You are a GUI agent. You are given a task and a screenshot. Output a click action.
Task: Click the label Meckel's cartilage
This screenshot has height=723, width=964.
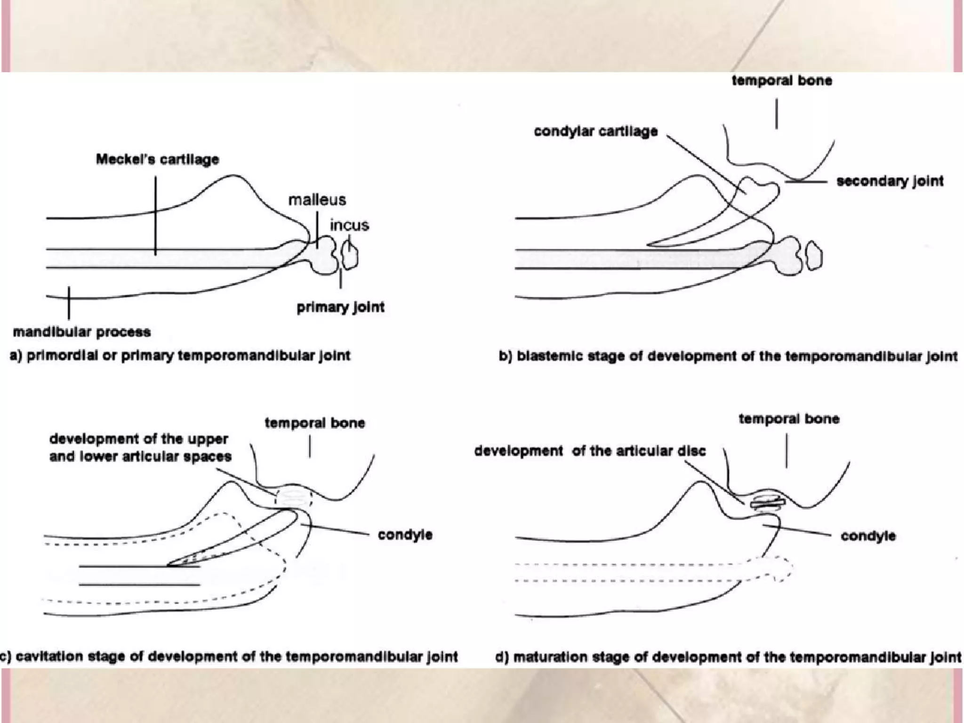tap(157, 160)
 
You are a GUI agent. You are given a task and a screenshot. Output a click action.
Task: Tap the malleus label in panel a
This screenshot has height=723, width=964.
tap(317, 200)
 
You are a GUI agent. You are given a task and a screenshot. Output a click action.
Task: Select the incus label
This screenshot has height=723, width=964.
tap(349, 225)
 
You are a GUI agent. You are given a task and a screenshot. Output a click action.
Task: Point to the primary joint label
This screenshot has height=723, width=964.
tap(340, 307)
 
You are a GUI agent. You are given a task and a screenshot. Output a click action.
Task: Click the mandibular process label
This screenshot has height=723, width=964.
tap(82, 332)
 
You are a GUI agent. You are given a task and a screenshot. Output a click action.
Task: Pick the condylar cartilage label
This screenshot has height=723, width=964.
tap(595, 131)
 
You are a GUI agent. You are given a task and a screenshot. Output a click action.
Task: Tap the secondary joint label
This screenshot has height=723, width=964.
tap(890, 181)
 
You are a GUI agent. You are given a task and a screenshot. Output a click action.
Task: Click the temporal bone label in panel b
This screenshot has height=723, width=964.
tap(782, 81)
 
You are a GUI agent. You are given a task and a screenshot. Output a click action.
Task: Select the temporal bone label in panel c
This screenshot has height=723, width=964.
tap(314, 423)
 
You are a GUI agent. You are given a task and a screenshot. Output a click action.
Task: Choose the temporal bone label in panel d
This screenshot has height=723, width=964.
tap(789, 419)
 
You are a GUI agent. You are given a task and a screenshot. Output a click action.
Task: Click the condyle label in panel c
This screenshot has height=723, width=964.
tap(405, 535)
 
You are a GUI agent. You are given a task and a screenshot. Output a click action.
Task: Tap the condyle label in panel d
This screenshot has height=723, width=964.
tap(868, 536)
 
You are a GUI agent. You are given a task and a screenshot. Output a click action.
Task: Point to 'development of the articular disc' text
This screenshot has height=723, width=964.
tap(590, 451)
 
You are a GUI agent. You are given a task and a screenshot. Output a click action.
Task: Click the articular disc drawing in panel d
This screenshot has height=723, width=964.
tap(768, 503)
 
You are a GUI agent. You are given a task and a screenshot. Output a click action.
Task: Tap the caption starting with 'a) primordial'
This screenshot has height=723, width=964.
tap(180, 356)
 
